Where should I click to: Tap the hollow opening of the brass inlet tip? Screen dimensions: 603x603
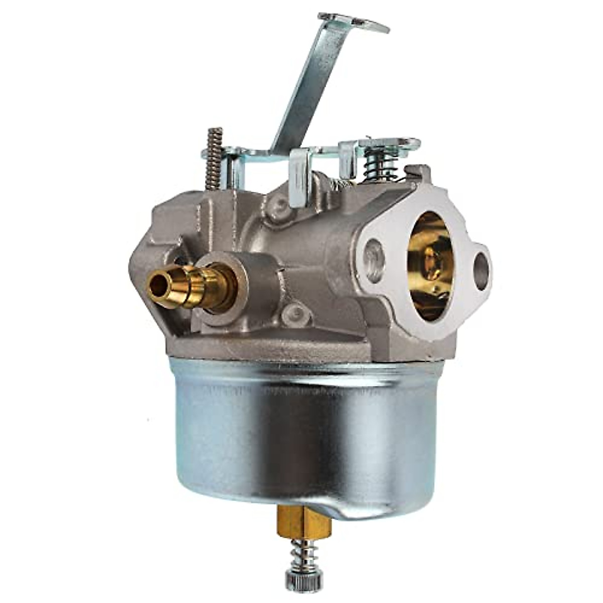(159, 285)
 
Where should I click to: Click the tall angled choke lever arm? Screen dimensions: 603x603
(312, 85)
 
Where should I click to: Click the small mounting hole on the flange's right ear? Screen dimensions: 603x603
(481, 271)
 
